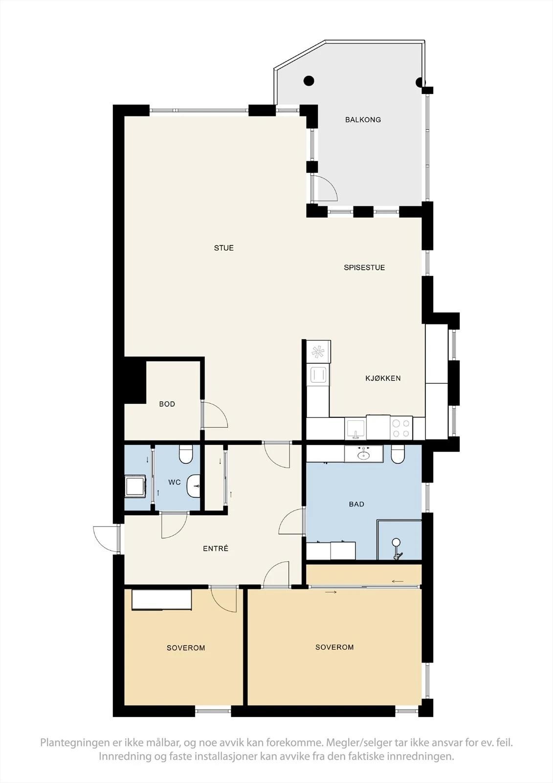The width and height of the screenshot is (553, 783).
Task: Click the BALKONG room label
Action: coord(363,119)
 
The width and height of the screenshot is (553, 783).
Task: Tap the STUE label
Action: coord(224,248)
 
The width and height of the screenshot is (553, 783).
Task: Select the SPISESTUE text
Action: coord(364,267)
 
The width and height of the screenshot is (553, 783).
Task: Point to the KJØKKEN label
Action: coord(383,378)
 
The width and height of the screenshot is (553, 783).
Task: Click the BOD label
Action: coord(167,404)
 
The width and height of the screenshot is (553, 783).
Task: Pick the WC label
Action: coord(175,483)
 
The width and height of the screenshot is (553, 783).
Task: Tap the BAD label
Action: coord(356,504)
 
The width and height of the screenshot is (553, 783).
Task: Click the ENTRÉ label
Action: coord(216,549)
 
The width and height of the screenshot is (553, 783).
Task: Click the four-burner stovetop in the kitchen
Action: coord(401,428)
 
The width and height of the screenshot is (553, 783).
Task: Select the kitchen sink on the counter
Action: coord(355,429)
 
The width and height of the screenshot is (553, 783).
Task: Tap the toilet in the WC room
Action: coord(185,454)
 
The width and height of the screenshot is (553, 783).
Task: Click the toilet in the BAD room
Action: coord(398,454)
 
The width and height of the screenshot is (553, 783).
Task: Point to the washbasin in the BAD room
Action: coord(364,454)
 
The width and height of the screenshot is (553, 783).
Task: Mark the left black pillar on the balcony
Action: coord(309,81)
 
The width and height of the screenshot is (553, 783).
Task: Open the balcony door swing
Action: coord(325,188)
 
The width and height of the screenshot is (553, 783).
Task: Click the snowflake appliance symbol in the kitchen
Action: coord(318,352)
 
